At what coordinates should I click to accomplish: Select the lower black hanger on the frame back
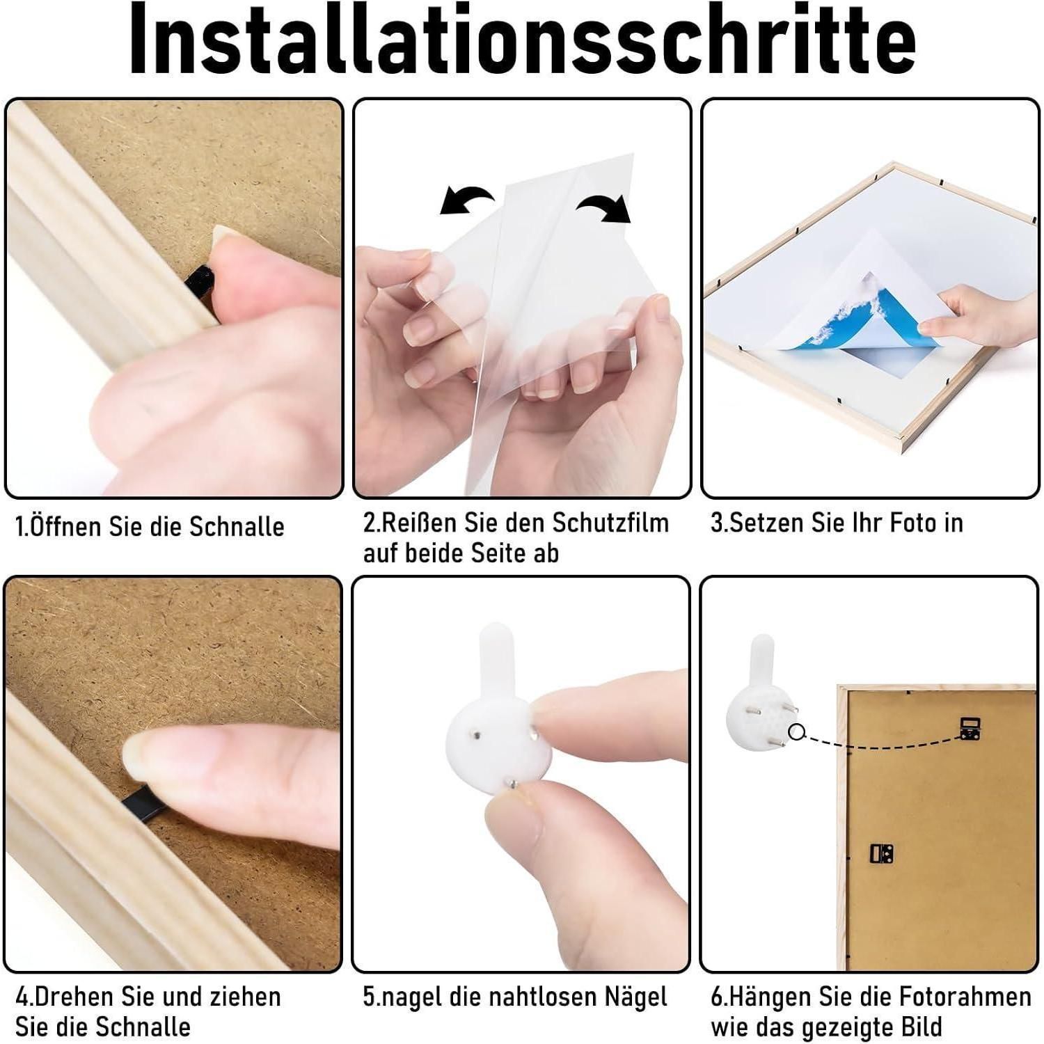pos(882,853)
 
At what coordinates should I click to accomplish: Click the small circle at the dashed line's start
pos(797,731)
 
